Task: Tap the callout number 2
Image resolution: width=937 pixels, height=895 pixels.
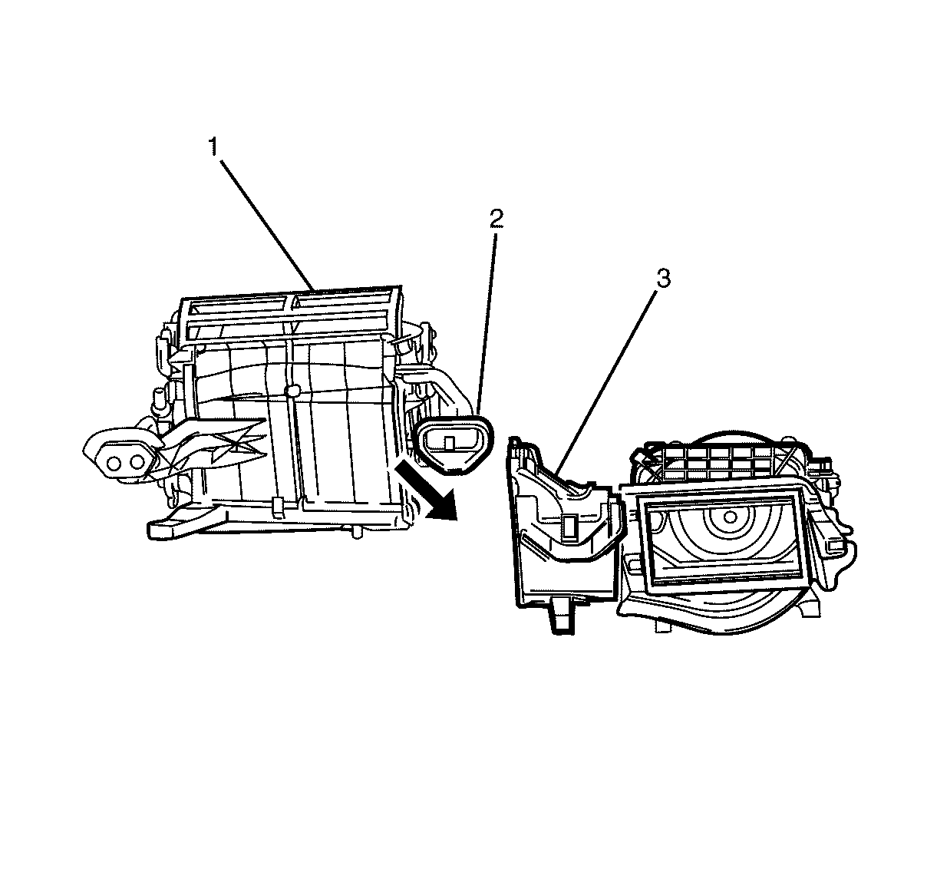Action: point(497,219)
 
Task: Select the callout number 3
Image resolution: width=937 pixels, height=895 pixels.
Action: point(664,279)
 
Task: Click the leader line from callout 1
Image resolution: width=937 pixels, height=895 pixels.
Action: point(267,225)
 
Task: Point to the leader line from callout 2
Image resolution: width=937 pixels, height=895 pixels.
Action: point(487,322)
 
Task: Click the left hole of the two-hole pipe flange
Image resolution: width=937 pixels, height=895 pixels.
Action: point(114,464)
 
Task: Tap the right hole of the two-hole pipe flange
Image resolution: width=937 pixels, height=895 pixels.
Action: point(137,462)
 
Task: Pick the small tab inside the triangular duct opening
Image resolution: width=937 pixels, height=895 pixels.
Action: point(449,442)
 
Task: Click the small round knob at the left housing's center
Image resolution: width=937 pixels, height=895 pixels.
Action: point(292,390)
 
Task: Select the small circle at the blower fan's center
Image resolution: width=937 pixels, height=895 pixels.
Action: point(730,517)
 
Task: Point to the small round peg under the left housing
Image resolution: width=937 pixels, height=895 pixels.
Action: point(356,532)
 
